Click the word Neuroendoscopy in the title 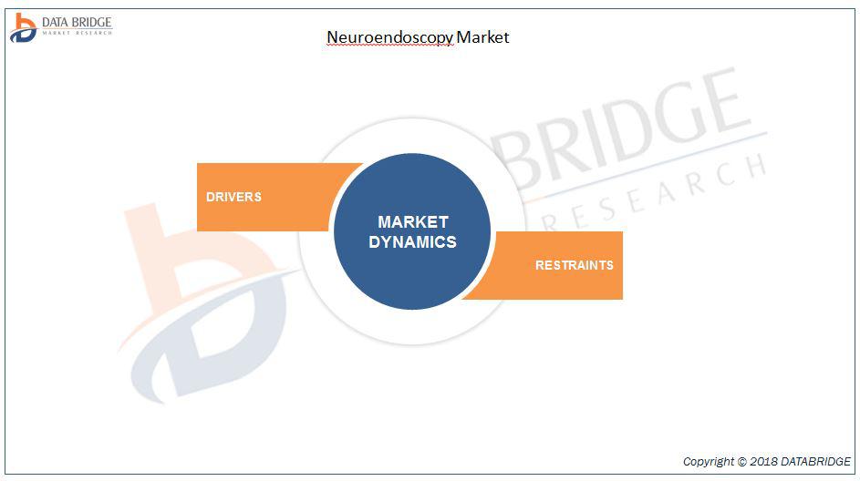(390, 37)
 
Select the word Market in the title (482, 36)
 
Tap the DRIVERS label (233, 197)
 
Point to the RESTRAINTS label (575, 265)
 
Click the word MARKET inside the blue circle (413, 222)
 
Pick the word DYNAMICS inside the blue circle (412, 242)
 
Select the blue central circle (412, 231)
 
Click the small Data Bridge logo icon (23, 27)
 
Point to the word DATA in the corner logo (53, 23)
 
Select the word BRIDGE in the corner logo (88, 23)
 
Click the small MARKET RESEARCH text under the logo (78, 33)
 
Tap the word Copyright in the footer (708, 461)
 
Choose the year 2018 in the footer (763, 461)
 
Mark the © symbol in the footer (741, 461)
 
